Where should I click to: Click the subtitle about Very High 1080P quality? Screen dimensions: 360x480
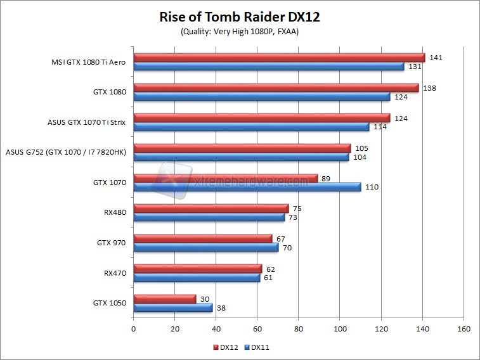pyautogui.click(x=239, y=32)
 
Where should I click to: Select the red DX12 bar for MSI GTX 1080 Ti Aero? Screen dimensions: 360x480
pyautogui.click(x=279, y=58)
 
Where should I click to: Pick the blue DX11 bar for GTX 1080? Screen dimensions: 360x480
pyautogui.click(x=261, y=96)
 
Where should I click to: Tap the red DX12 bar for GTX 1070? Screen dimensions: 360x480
pyautogui.click(x=225, y=178)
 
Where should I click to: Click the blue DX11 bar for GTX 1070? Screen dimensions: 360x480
pyautogui.click(x=247, y=187)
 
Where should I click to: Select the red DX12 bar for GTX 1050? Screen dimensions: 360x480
pyautogui.click(x=165, y=299)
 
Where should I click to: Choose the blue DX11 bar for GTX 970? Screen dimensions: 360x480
pyautogui.click(x=206, y=247)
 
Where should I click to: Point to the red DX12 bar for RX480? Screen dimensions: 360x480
pyautogui.click(x=211, y=208)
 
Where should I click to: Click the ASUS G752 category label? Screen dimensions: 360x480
pyautogui.click(x=66, y=152)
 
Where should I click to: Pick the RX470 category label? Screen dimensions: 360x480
pyautogui.click(x=115, y=273)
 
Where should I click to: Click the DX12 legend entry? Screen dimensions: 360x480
pyautogui.click(x=226, y=347)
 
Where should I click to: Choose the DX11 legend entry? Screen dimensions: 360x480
pyautogui.click(x=259, y=347)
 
